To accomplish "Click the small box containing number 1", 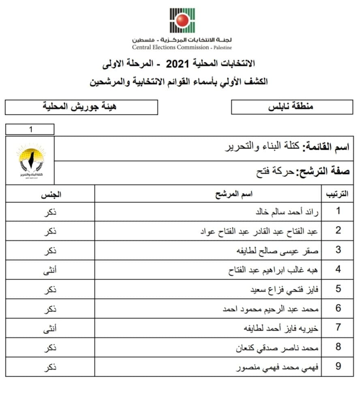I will click(30, 129).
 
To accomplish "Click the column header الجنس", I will click(50, 194).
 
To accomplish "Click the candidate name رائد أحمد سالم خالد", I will click(286, 212).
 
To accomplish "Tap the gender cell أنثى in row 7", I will click(50, 328).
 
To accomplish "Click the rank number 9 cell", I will click(338, 367).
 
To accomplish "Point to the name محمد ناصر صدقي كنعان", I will click(278, 348).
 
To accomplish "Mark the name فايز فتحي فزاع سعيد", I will click(285, 289).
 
